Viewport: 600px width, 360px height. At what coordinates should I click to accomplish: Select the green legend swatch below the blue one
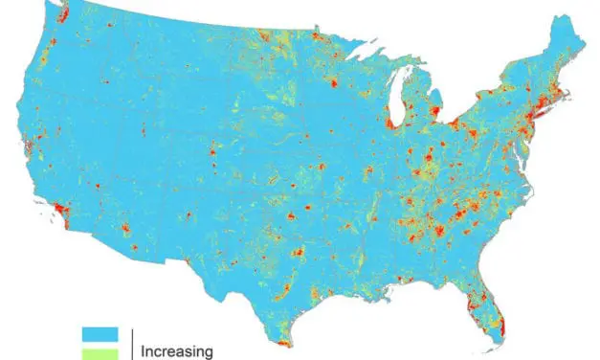point(100,352)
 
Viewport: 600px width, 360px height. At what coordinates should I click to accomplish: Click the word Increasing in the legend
point(177,351)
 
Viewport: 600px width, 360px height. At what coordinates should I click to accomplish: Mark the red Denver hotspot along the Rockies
point(211,151)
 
